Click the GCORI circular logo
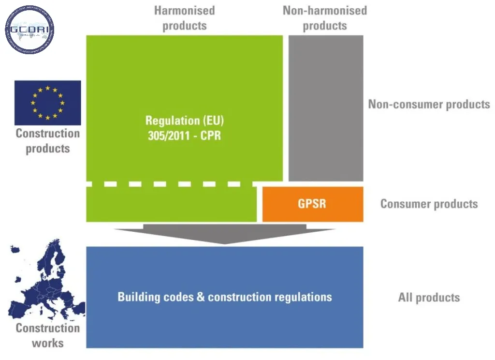coord(29,30)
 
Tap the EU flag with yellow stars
coord(47,103)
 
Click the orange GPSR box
coord(312,204)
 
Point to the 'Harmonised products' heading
coord(184,18)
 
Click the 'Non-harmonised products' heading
coord(325,18)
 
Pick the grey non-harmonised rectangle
coord(325,108)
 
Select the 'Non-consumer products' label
coord(429,104)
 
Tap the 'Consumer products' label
coord(429,204)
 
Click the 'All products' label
coord(429,297)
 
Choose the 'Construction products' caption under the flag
coord(47,141)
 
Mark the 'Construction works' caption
coord(47,335)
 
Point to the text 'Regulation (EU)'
coord(184,120)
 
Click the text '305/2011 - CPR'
coord(184,135)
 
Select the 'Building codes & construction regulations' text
coord(225,297)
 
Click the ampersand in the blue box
coord(201,297)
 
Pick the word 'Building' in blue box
coord(138,297)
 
